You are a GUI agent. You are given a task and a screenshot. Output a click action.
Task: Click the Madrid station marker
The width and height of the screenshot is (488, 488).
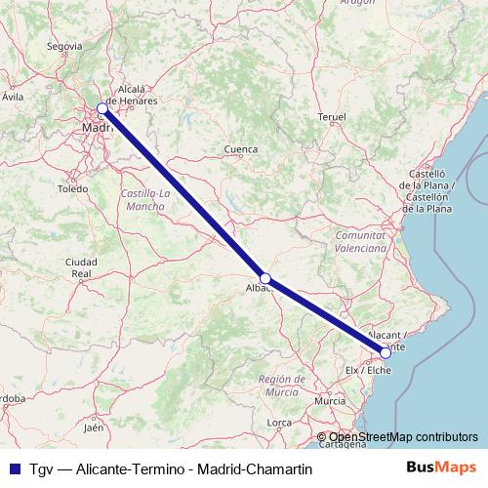[x=102, y=108]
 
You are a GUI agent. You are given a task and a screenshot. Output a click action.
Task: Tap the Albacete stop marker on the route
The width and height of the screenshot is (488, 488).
[x=265, y=278]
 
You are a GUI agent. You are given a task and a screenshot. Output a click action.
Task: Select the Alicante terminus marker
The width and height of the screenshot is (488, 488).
[x=386, y=353]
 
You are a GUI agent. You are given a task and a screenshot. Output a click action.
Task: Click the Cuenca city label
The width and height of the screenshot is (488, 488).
[x=241, y=149]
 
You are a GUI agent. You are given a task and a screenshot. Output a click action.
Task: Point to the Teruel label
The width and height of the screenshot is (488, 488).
[x=332, y=117]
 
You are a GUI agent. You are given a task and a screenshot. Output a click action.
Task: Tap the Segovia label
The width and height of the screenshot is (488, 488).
[x=63, y=46]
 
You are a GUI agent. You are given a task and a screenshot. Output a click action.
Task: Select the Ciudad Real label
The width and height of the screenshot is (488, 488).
[x=80, y=268]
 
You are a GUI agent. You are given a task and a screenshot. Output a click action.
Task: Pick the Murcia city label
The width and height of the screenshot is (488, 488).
[x=330, y=400]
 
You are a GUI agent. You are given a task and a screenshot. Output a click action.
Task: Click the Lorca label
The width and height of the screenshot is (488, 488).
[x=280, y=422]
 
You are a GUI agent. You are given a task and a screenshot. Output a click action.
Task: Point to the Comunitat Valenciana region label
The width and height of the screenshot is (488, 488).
[x=361, y=242]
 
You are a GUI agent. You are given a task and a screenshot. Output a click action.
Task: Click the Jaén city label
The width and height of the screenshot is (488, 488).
[x=94, y=427]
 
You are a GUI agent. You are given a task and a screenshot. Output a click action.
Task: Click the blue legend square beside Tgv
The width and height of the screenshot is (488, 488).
[x=13, y=469]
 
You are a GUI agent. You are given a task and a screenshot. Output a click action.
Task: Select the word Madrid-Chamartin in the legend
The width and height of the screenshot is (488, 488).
[x=253, y=469]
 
